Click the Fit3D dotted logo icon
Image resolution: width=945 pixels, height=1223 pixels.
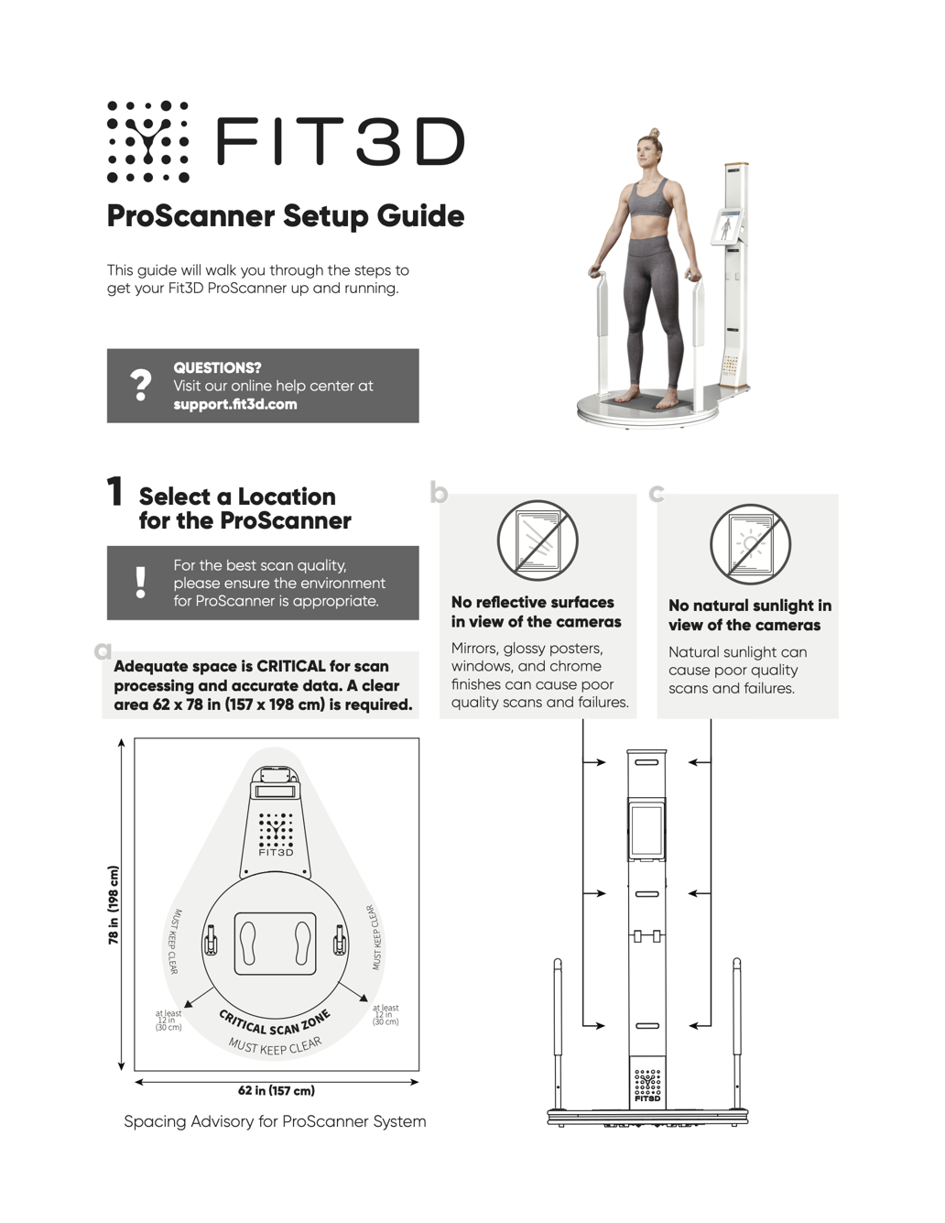[x=147, y=141]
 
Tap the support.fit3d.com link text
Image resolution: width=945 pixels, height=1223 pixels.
[x=235, y=404]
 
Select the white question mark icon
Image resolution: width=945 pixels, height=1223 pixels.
[x=140, y=385]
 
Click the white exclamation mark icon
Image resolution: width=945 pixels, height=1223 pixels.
[x=140, y=582]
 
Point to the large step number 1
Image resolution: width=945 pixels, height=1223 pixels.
[x=115, y=492]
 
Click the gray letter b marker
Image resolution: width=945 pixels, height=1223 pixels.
[x=439, y=494]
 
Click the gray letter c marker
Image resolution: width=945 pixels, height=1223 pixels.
[x=656, y=494]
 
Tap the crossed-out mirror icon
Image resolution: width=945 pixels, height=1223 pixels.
[x=538, y=541]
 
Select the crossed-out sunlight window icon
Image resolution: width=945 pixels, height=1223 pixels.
[x=750, y=544]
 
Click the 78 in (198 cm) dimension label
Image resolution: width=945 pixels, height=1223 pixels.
[x=114, y=904]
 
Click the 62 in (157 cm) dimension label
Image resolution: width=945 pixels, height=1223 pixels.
[x=276, y=1090]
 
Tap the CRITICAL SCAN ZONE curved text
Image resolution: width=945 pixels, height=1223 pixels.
[x=275, y=1025]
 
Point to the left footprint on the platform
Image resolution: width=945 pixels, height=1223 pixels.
[x=249, y=942]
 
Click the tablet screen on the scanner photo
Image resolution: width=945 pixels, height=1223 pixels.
[x=726, y=226]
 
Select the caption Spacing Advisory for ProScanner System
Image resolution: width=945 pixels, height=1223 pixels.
[x=275, y=1121]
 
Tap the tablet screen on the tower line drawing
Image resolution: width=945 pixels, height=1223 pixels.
[x=646, y=830]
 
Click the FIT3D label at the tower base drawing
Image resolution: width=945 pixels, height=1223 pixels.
[x=647, y=1097]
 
